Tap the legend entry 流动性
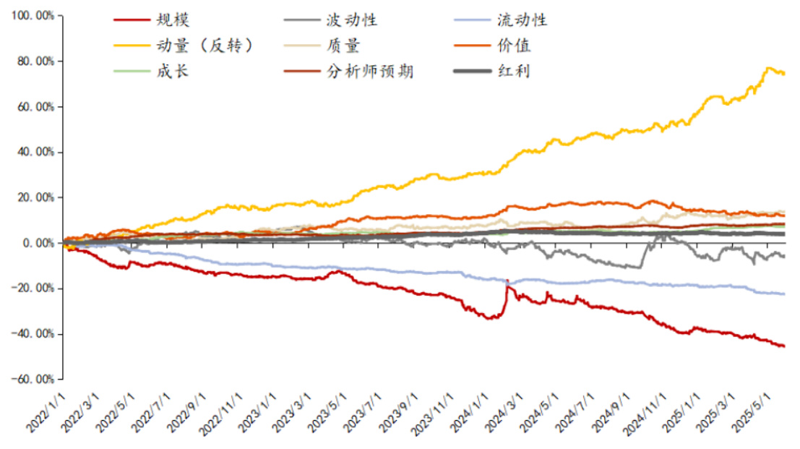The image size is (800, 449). (522, 20)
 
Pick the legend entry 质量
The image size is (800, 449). (343, 46)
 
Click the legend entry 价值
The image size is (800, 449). (514, 46)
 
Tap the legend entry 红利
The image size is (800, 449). (514, 71)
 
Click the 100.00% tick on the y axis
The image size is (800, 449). (32, 16)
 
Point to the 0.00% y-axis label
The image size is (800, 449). (36, 243)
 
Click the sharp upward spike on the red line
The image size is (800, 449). (507, 281)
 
